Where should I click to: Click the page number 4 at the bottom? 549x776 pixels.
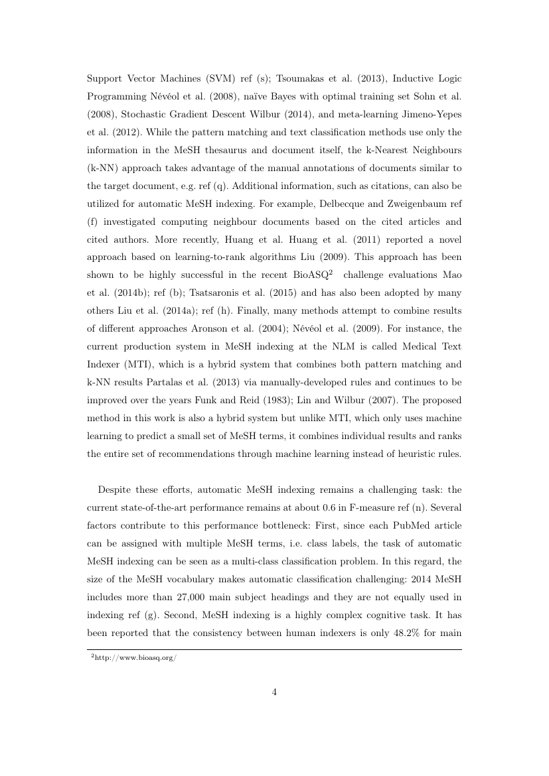[x=274, y=692]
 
